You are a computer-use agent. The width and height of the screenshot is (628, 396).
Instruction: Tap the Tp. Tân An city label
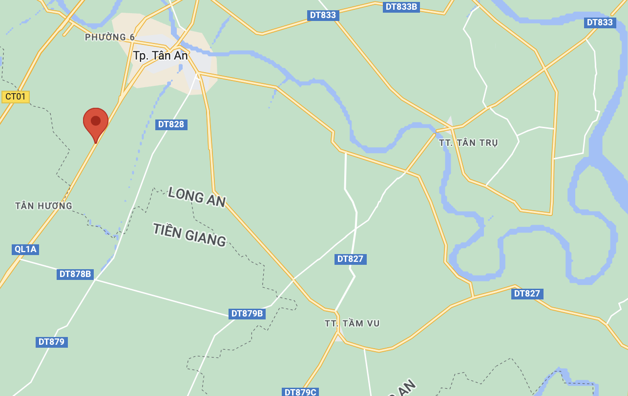[160, 56]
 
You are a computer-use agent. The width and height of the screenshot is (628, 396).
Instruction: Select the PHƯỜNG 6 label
[110, 37]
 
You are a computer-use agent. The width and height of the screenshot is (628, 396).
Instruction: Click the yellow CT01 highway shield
[16, 97]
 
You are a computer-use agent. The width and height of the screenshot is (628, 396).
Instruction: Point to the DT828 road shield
[171, 124]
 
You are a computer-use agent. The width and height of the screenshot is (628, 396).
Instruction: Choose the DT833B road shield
[401, 7]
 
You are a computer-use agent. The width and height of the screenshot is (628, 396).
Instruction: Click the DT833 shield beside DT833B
[323, 15]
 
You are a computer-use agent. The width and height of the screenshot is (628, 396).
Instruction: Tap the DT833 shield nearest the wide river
[600, 22]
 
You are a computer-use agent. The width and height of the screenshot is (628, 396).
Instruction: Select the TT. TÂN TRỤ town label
[468, 143]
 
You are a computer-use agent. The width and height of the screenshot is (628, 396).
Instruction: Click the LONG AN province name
[196, 196]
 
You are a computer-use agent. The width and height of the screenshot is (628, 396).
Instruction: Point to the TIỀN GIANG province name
[189, 235]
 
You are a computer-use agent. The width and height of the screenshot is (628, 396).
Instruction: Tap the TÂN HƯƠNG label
[43, 206]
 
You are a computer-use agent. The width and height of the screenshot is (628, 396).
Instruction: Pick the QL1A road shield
[25, 249]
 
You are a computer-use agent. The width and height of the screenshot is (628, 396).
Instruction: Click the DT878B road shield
[75, 274]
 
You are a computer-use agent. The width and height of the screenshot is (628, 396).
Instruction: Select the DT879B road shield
[247, 314]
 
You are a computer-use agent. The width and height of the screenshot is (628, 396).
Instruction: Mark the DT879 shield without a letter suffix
[51, 342]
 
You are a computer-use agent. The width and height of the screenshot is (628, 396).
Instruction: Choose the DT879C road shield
[300, 392]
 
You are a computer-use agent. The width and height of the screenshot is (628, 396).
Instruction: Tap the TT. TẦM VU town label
[352, 323]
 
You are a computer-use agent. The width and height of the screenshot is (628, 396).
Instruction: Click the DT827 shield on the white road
[350, 259]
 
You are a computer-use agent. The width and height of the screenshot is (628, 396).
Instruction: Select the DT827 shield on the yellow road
[527, 294]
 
